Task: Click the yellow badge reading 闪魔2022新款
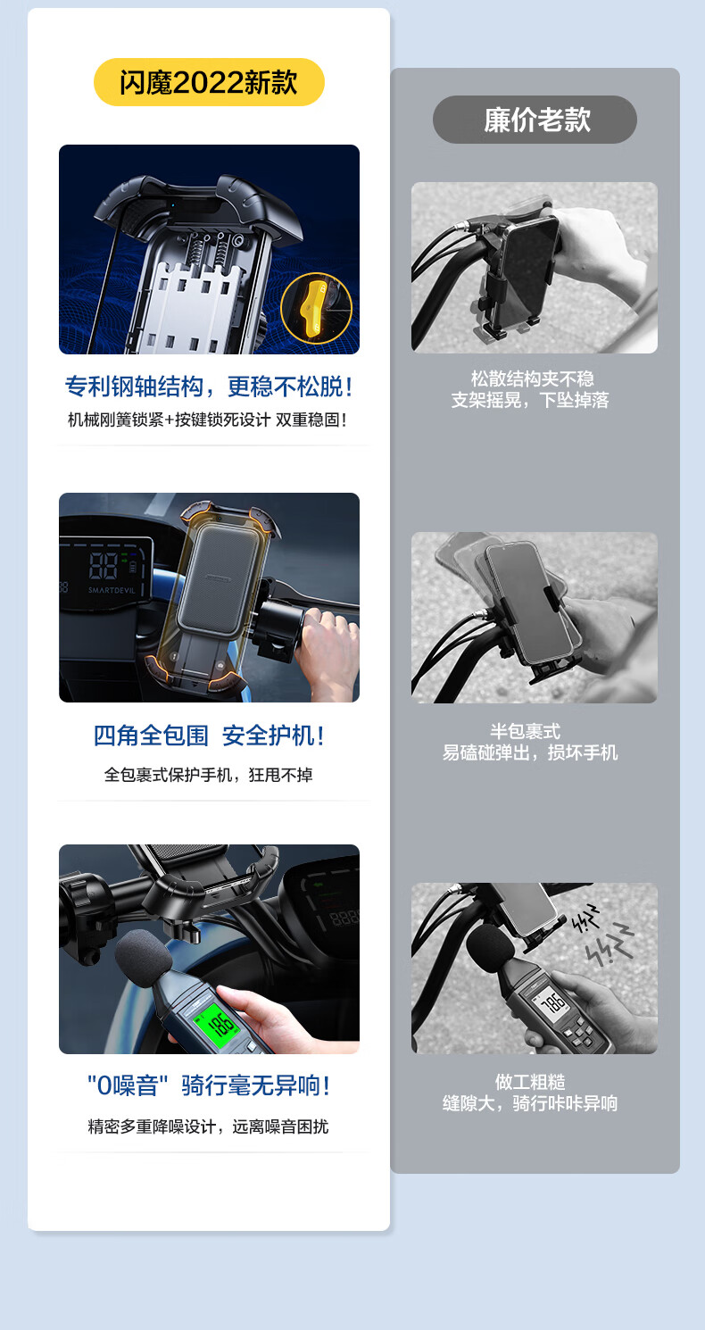209,82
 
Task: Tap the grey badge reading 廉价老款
535,120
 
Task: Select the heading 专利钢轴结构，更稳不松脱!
209,387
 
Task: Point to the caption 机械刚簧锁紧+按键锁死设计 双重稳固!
207,420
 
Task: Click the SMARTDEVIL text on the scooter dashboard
112,590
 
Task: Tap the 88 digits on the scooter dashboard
103,565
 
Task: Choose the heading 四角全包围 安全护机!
209,736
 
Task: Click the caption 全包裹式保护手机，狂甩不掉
208,775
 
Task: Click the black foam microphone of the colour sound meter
143,957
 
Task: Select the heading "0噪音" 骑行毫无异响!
208,1086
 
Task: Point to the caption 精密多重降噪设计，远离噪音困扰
208,1126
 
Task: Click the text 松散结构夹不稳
532,378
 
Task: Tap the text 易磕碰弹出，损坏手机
530,752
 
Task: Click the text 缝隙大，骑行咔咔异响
530,1103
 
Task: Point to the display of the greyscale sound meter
552,1002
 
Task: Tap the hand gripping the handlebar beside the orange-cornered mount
327,648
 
